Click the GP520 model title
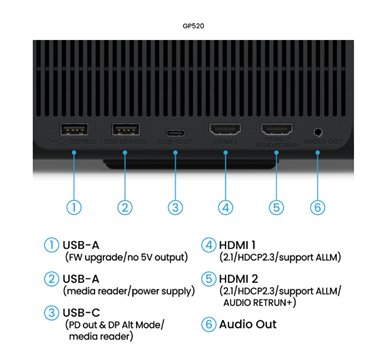193,26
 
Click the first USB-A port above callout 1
74,129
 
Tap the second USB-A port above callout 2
126,129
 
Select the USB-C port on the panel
175,133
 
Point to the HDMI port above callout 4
225,129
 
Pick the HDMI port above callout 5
277,129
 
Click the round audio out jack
318,132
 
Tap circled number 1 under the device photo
74,207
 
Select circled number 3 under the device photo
175,207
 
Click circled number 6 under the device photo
318,207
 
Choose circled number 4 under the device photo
226,207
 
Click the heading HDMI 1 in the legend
237,245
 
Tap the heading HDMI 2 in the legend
238,279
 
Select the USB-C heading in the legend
81,313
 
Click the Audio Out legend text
248,324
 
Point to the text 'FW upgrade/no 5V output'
127,257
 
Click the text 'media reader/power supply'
129,291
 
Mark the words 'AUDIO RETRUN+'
258,303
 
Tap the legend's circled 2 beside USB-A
51,279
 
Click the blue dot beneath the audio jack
318,152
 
